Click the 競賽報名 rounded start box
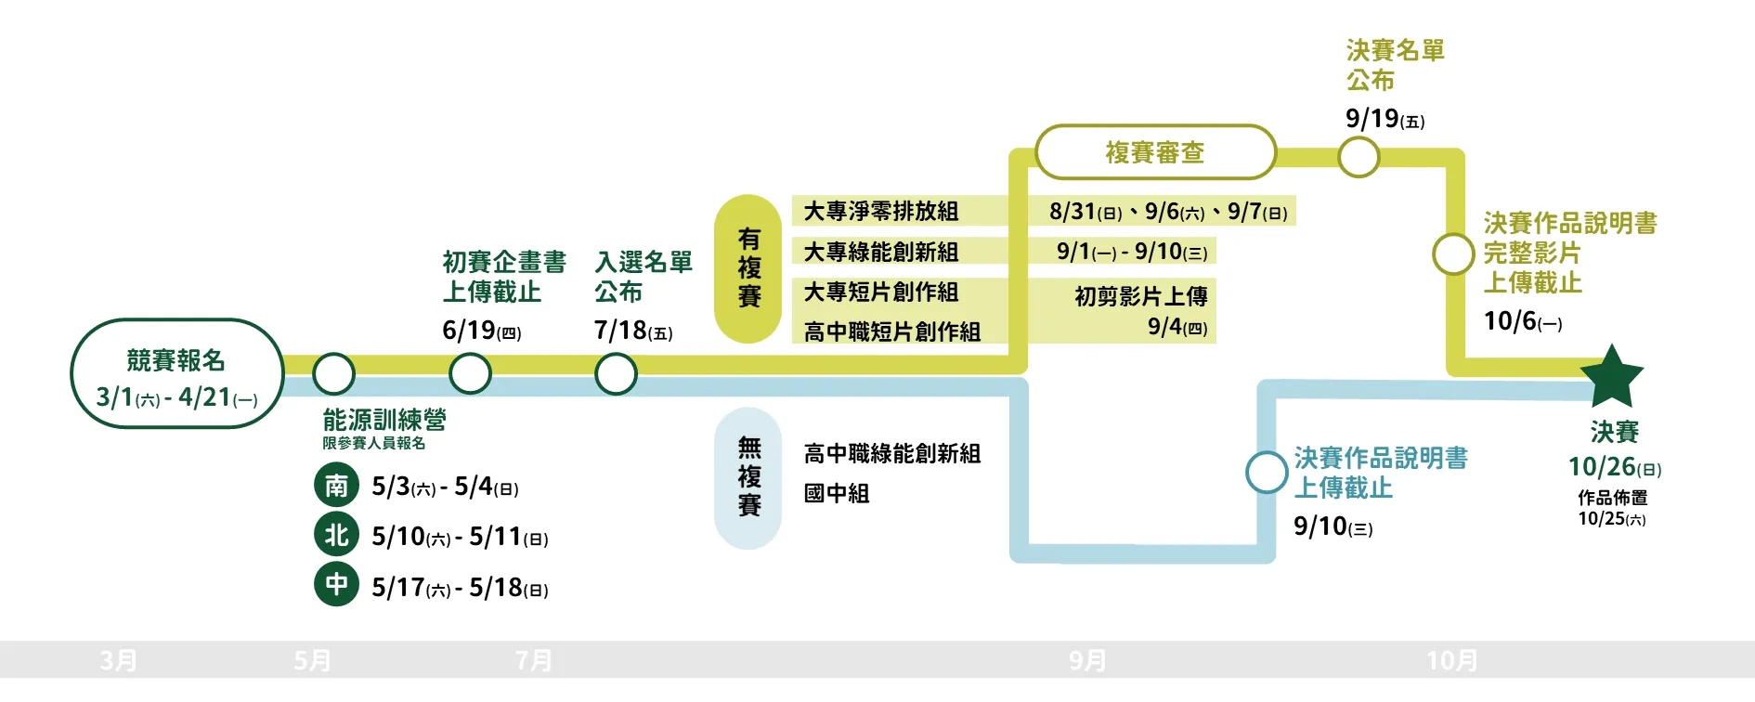coord(176,374)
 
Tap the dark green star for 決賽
coord(1612,377)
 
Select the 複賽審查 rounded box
coord(1155,152)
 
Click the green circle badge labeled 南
coord(336,486)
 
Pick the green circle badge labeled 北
coord(336,535)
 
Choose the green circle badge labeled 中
coord(336,585)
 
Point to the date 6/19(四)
coord(481,331)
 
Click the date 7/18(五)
coord(632,331)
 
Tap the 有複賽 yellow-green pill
coord(748,268)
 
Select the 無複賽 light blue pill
coord(748,477)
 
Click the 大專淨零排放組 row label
coord(880,212)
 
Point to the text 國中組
coord(837,493)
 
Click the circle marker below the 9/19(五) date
coord(1358,158)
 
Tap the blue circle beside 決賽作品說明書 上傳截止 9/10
coord(1267,472)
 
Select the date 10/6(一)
coord(1522,321)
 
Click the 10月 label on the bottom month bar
coord(1451,660)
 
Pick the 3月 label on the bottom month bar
coord(119,660)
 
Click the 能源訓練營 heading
coord(384,420)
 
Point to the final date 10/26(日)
coord(1614,467)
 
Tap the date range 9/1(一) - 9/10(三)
coord(1131,252)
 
